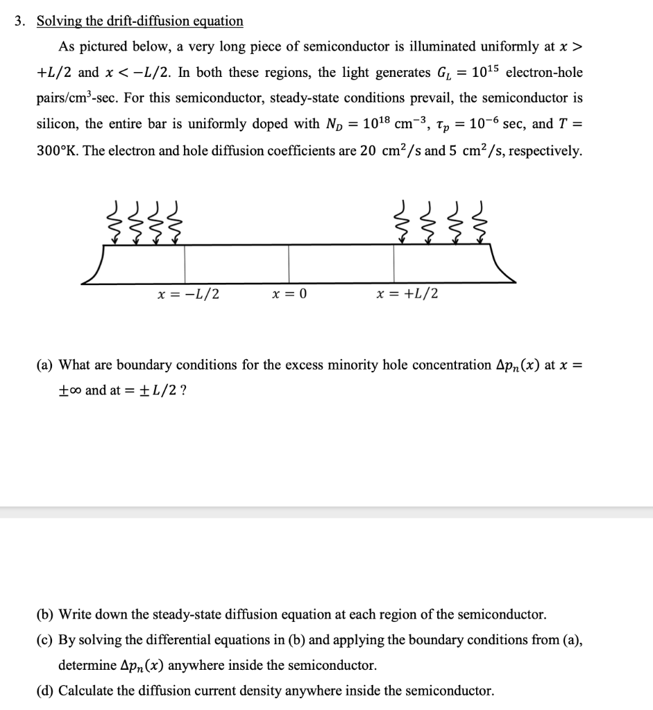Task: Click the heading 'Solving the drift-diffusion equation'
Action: [x=139, y=21]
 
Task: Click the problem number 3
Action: [x=22, y=21]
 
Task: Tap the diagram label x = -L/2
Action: [x=188, y=294]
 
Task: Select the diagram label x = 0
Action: [x=289, y=294]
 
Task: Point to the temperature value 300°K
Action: [x=58, y=150]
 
